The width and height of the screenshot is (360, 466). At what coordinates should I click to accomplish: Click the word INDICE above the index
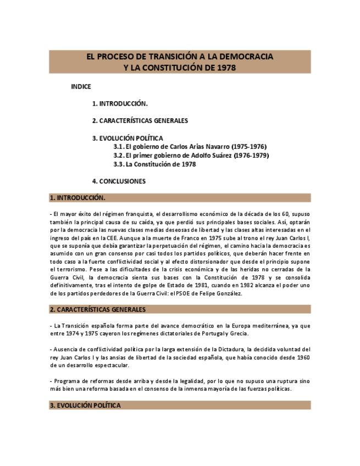tap(81, 86)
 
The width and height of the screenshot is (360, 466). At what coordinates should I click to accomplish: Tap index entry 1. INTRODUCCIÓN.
tap(120, 103)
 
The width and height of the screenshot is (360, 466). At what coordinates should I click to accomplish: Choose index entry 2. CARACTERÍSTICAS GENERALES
tap(140, 121)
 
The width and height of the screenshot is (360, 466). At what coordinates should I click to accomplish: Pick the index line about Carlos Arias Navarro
tap(190, 147)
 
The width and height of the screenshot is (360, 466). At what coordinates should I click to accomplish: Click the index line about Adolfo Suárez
tap(191, 156)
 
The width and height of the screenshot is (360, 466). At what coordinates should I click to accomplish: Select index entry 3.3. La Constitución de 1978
tap(154, 164)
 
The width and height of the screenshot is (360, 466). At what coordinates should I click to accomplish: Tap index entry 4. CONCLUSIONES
tap(119, 181)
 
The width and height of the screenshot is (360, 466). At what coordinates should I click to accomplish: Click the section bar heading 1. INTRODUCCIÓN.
tap(77, 198)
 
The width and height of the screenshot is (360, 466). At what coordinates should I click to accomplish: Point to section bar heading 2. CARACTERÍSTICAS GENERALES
tap(97, 310)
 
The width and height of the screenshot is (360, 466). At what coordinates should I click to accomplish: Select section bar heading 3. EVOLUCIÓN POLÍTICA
tap(85, 406)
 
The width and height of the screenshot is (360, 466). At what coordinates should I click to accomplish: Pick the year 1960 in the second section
tap(301, 357)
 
